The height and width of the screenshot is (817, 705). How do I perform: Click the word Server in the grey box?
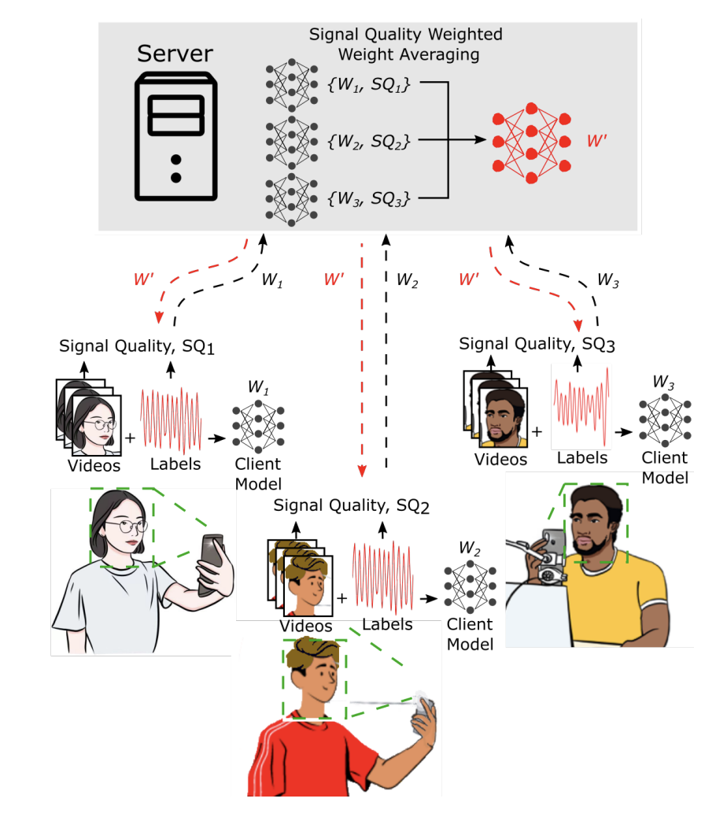(x=175, y=54)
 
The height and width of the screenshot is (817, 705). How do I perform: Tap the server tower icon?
(x=175, y=135)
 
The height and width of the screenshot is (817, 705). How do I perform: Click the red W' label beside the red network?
(x=598, y=142)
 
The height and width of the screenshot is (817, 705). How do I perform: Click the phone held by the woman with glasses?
(x=211, y=563)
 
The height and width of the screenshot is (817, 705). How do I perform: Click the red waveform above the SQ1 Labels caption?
(x=172, y=418)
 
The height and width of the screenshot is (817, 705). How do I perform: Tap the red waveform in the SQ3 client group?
(x=581, y=402)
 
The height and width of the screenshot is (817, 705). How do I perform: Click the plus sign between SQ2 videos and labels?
(x=341, y=598)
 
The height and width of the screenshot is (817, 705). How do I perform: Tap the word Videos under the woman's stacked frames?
(x=94, y=465)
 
